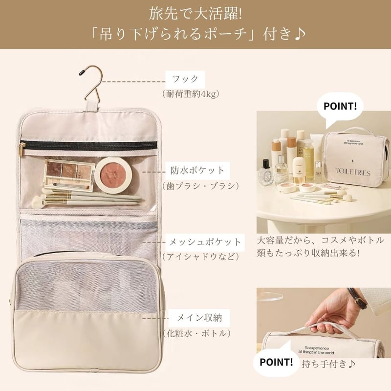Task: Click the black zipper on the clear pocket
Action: pos(90,145)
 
